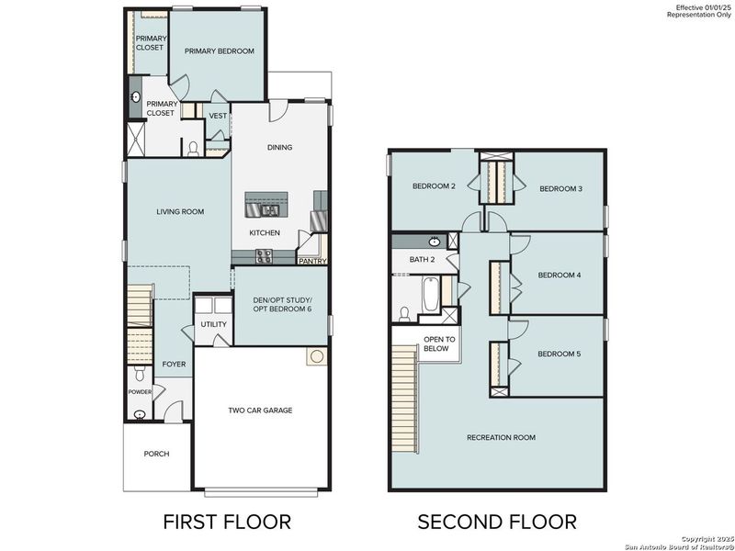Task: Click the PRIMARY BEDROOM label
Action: [x=219, y=51]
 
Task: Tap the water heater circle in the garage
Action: [x=317, y=356]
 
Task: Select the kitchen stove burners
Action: [x=264, y=256]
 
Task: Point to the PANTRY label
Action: [x=311, y=262]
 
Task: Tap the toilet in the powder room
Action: [x=138, y=375]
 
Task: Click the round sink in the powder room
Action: [x=139, y=414]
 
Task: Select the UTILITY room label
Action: [x=214, y=325]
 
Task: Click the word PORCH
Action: [x=156, y=454]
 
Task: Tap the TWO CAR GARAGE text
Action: [x=260, y=410]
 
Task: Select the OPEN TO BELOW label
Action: [x=436, y=344]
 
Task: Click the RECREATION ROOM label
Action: [x=501, y=437]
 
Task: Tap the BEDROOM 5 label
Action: [x=559, y=354]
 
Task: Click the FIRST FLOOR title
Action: [x=226, y=522]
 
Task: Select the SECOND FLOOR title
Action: [x=497, y=522]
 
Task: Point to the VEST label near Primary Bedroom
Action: [x=218, y=116]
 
